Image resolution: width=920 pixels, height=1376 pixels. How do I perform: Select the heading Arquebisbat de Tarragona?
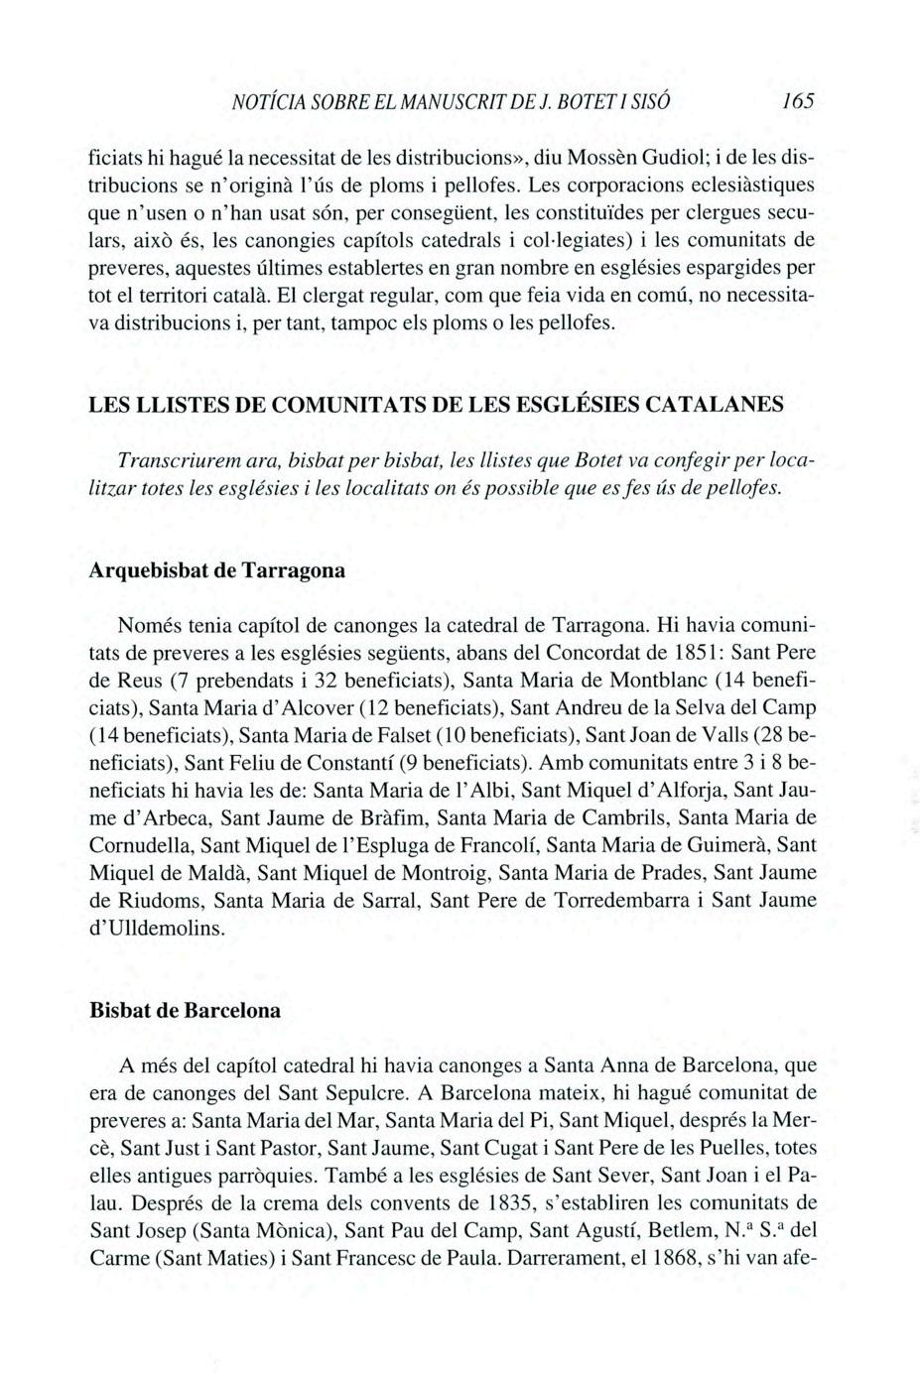pyautogui.click(x=216, y=572)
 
